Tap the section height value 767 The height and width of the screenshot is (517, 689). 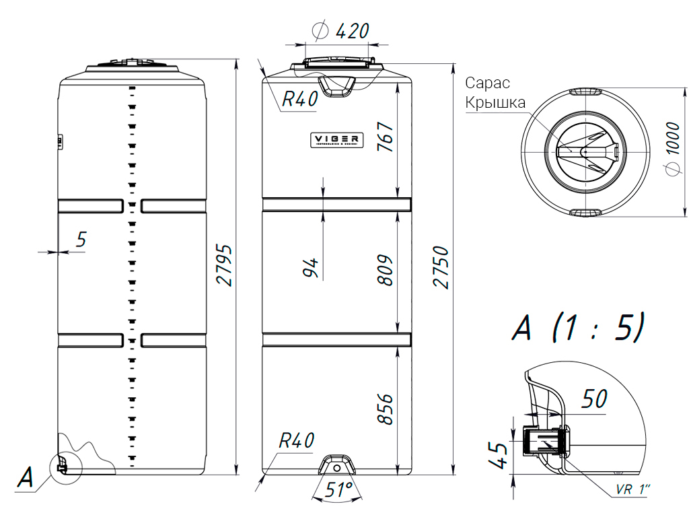click(x=384, y=138)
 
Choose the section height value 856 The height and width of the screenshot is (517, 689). click(x=384, y=409)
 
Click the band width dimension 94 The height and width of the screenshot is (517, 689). click(x=310, y=267)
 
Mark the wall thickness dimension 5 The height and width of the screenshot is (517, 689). click(x=81, y=239)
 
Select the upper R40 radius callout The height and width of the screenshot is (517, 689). click(x=299, y=100)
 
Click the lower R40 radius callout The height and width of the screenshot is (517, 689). click(x=297, y=442)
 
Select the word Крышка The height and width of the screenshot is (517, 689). click(x=495, y=104)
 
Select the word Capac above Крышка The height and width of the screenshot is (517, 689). click(x=487, y=83)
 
